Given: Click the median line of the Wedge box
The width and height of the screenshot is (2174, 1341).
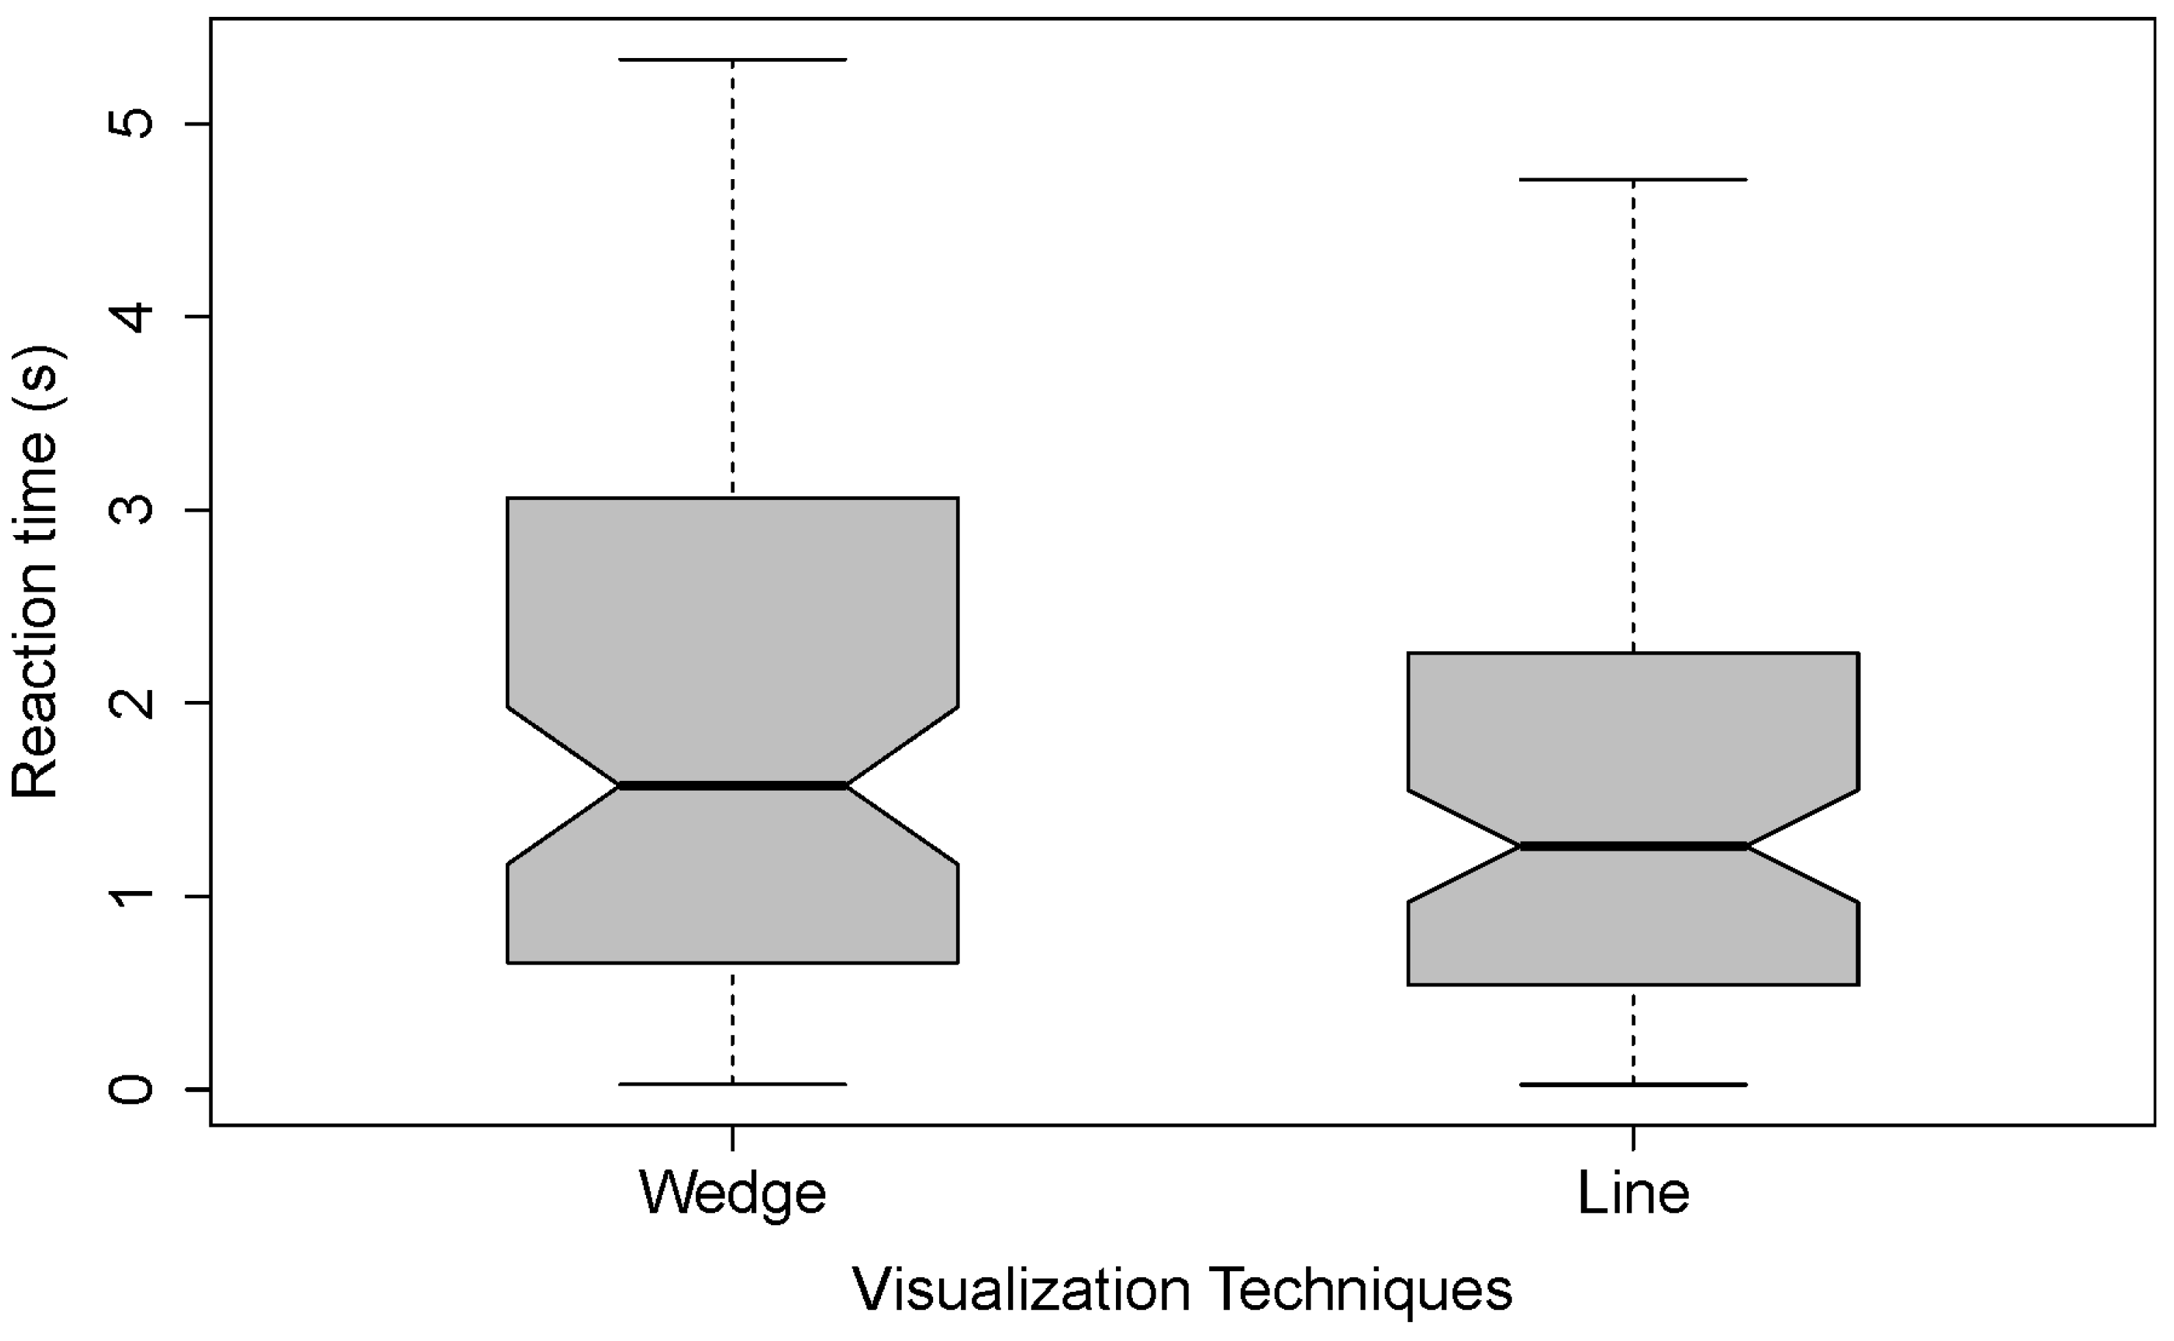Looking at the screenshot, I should point(732,786).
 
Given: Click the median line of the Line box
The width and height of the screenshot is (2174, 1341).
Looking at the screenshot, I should point(1633,847).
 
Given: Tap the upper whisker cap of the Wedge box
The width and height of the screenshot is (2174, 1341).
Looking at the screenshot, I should point(732,59).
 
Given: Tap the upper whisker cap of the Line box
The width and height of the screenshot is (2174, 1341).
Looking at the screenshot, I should point(1633,180).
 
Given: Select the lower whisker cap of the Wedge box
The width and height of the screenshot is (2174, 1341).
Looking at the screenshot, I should point(732,1084).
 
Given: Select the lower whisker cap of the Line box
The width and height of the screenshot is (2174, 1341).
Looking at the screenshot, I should point(1633,1085).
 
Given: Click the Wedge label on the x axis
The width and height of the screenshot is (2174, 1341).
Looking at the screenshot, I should point(732,1193).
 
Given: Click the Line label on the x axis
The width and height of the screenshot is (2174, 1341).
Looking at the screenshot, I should point(1633,1193).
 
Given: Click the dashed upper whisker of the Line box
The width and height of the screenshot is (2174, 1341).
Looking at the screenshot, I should point(1633,417).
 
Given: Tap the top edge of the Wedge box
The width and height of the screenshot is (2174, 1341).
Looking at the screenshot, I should point(732,498).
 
